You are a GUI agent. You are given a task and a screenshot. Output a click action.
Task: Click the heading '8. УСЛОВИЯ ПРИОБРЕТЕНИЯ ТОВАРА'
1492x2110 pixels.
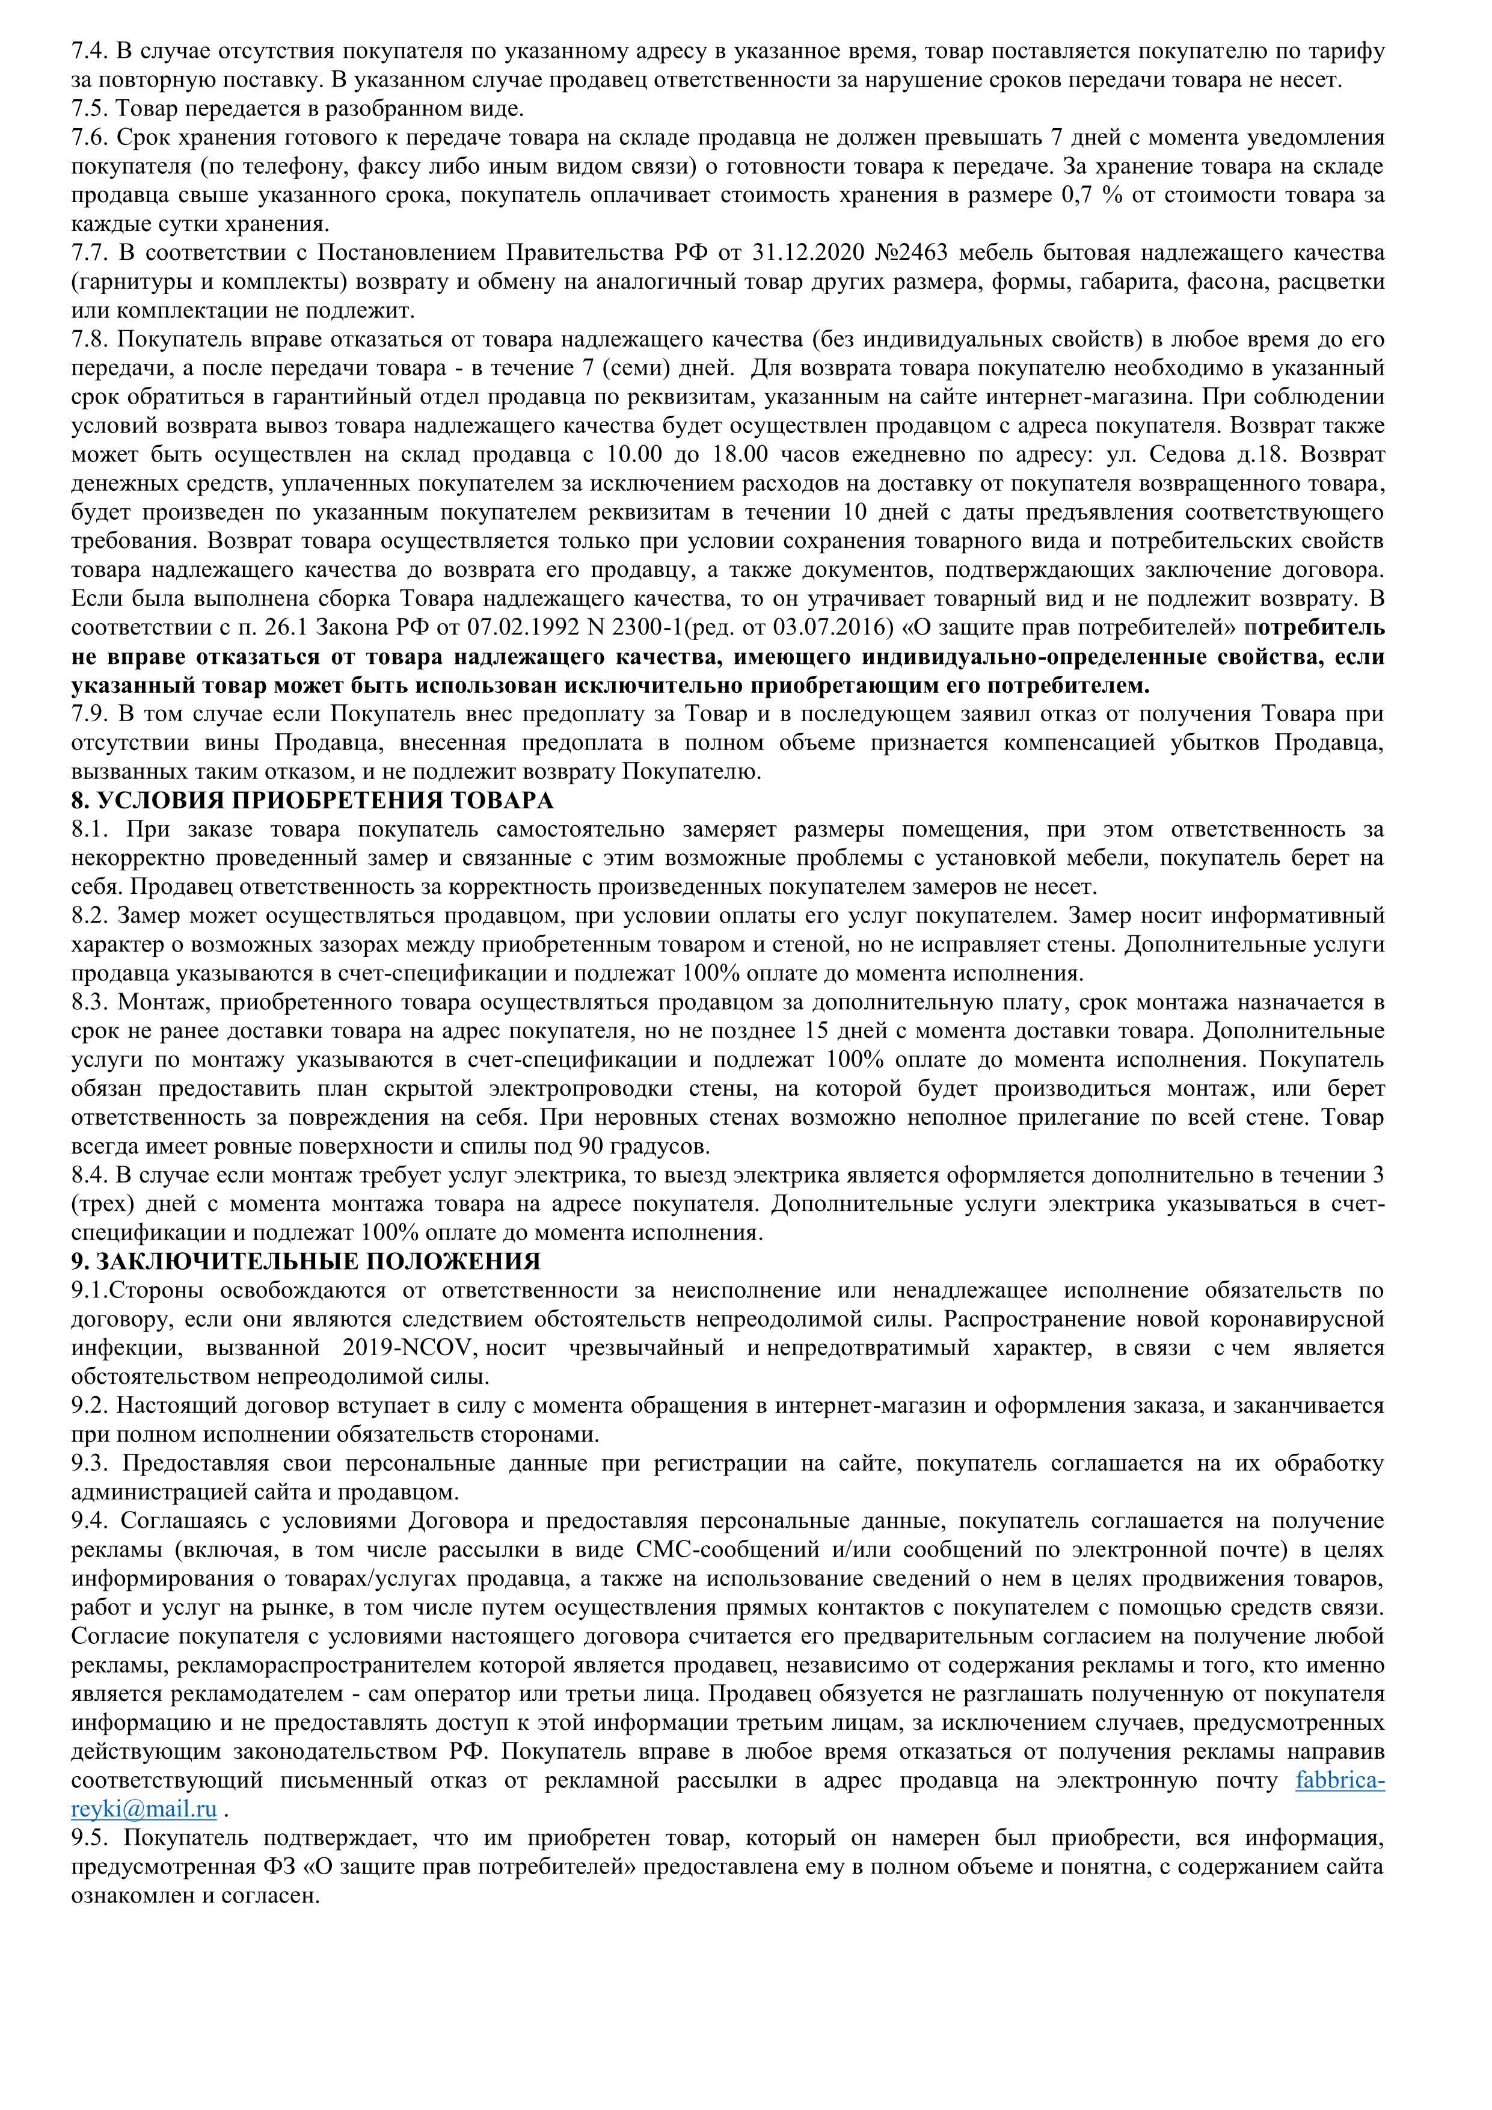[312, 801]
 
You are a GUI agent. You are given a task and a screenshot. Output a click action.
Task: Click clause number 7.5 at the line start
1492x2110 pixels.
[90, 109]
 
